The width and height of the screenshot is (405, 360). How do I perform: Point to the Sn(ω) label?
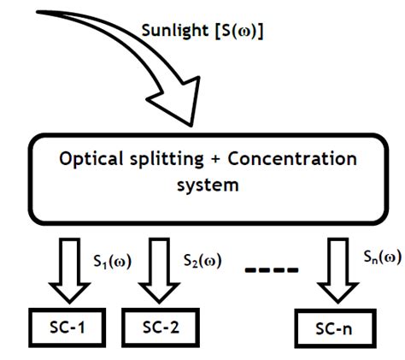(380, 259)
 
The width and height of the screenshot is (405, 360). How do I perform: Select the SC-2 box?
(159, 328)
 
